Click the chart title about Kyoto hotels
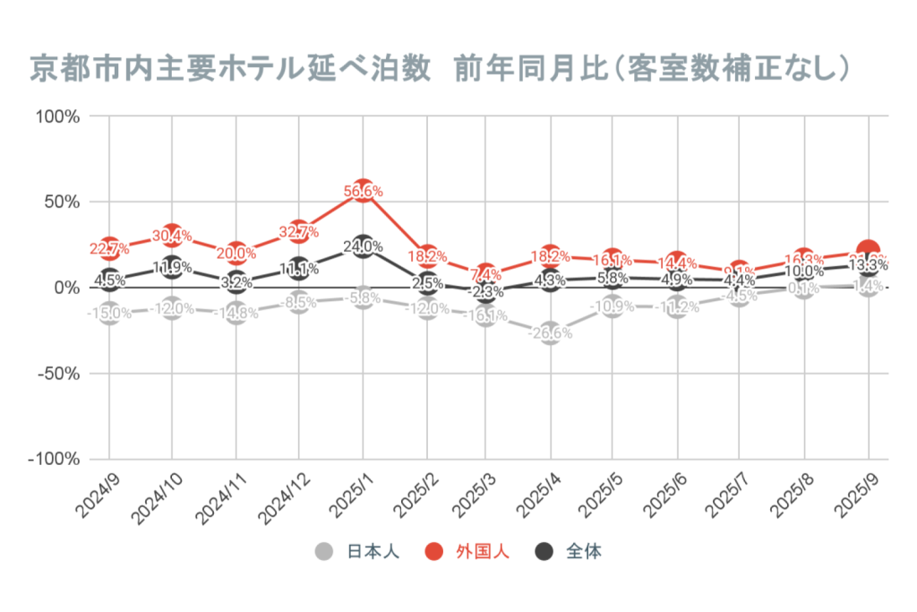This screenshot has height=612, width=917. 439,69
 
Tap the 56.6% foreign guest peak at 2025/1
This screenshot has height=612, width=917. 363,190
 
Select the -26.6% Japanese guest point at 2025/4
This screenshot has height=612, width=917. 552,333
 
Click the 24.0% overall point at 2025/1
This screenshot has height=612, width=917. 363,246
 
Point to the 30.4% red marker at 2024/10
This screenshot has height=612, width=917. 173,236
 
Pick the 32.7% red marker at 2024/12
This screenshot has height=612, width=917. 299,231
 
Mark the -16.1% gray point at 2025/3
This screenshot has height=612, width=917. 488,315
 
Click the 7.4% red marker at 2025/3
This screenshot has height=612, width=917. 488,274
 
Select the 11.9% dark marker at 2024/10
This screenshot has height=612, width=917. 173,267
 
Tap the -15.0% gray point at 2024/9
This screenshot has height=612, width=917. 109,314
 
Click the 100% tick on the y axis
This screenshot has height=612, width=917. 58,116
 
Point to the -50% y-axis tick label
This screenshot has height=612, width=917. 58,374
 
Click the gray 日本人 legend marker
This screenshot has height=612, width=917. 324,551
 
